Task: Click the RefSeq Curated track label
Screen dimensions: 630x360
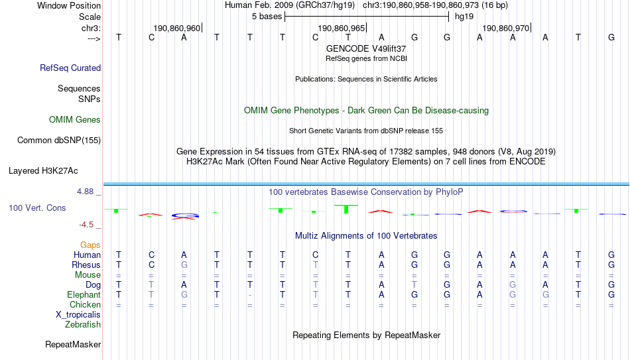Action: click(70, 68)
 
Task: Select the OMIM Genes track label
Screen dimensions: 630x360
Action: click(75, 120)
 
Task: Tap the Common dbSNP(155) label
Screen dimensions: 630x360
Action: click(59, 141)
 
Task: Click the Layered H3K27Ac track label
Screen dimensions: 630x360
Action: click(43, 171)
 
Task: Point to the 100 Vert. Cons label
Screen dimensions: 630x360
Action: click(37, 208)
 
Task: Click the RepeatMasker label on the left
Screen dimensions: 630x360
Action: click(73, 344)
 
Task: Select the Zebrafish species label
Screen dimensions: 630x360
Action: click(83, 324)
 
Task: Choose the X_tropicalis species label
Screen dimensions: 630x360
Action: click(78, 315)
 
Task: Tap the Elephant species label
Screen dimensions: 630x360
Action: click(84, 294)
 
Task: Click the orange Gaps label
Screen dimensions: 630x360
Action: click(90, 245)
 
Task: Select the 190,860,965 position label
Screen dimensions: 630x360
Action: click(341, 28)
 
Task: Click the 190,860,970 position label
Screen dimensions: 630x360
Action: click(505, 28)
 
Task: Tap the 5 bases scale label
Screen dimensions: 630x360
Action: click(267, 17)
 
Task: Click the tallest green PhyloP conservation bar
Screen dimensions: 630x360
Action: click(346, 209)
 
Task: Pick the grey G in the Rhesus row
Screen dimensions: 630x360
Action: click(184, 265)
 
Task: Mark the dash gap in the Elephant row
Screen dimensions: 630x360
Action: click(250, 295)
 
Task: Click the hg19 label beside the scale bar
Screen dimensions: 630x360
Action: click(464, 17)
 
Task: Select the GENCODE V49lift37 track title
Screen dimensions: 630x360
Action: click(366, 48)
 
